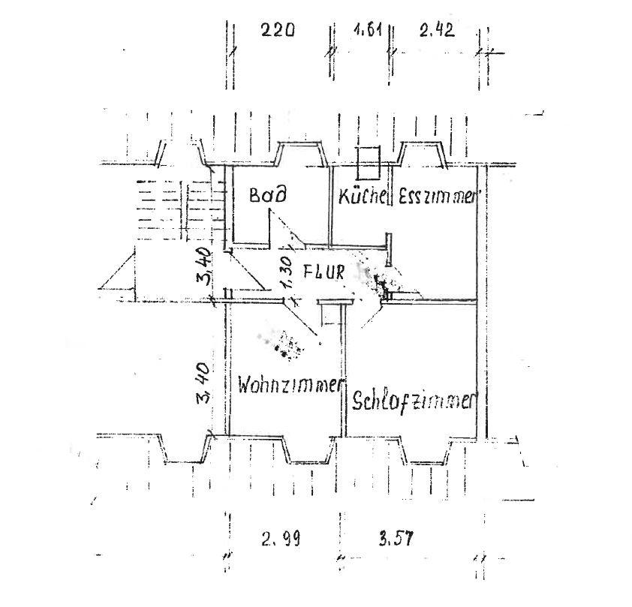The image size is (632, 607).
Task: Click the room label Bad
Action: (268, 196)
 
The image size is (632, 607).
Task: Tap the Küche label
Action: (364, 197)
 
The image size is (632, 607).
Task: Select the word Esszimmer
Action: (438, 197)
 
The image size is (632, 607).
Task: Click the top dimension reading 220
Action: (278, 31)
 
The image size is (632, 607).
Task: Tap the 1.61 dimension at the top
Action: (368, 31)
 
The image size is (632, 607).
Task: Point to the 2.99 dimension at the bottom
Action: (281, 538)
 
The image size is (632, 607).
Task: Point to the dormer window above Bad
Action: (302, 154)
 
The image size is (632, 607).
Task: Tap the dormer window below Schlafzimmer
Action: (427, 451)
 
